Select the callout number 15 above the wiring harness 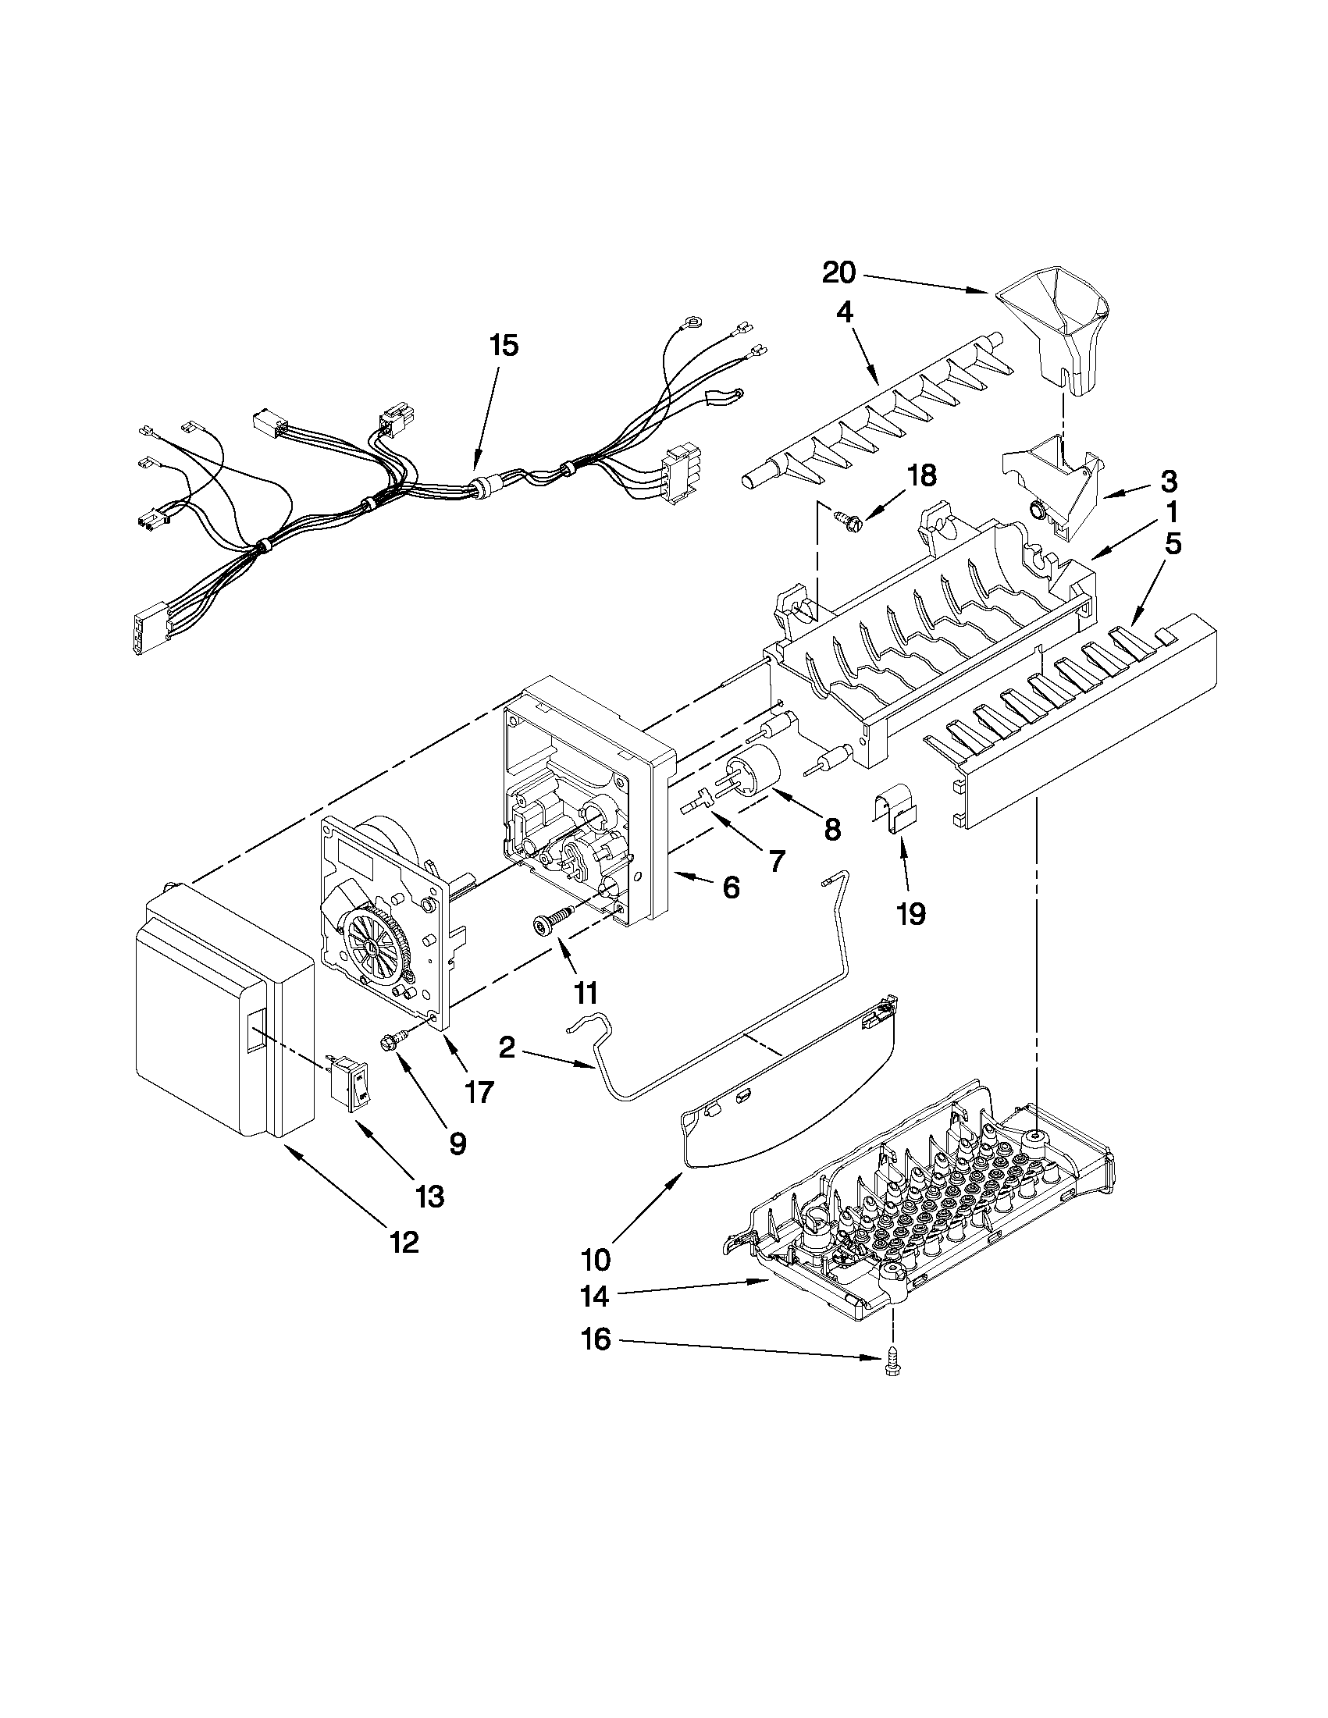tap(504, 345)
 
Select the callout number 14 tap(596, 1297)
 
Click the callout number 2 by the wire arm tap(507, 1048)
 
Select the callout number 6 tap(731, 887)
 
